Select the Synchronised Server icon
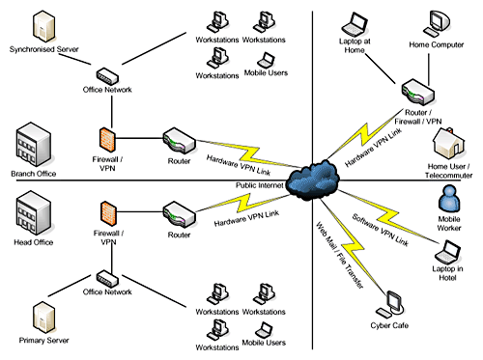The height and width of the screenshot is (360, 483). click(x=42, y=24)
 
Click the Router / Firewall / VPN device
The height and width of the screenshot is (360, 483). click(x=418, y=92)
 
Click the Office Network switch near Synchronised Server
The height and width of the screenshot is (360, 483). click(x=106, y=75)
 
